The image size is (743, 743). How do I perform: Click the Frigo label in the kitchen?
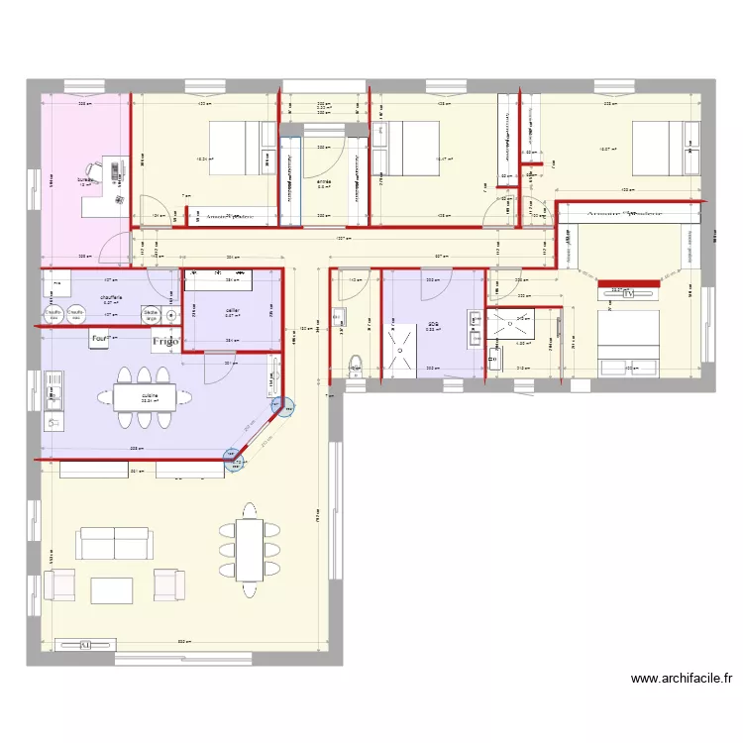coord(165,342)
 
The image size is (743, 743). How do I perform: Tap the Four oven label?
coord(99,340)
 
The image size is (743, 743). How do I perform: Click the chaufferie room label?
coord(110,296)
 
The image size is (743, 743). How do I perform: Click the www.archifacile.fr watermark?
coord(682,679)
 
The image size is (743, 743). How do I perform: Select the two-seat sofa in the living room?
coord(115,543)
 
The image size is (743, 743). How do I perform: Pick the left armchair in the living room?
coord(59,584)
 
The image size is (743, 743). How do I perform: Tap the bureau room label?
coord(83,181)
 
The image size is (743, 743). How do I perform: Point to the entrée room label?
coord(323,182)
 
